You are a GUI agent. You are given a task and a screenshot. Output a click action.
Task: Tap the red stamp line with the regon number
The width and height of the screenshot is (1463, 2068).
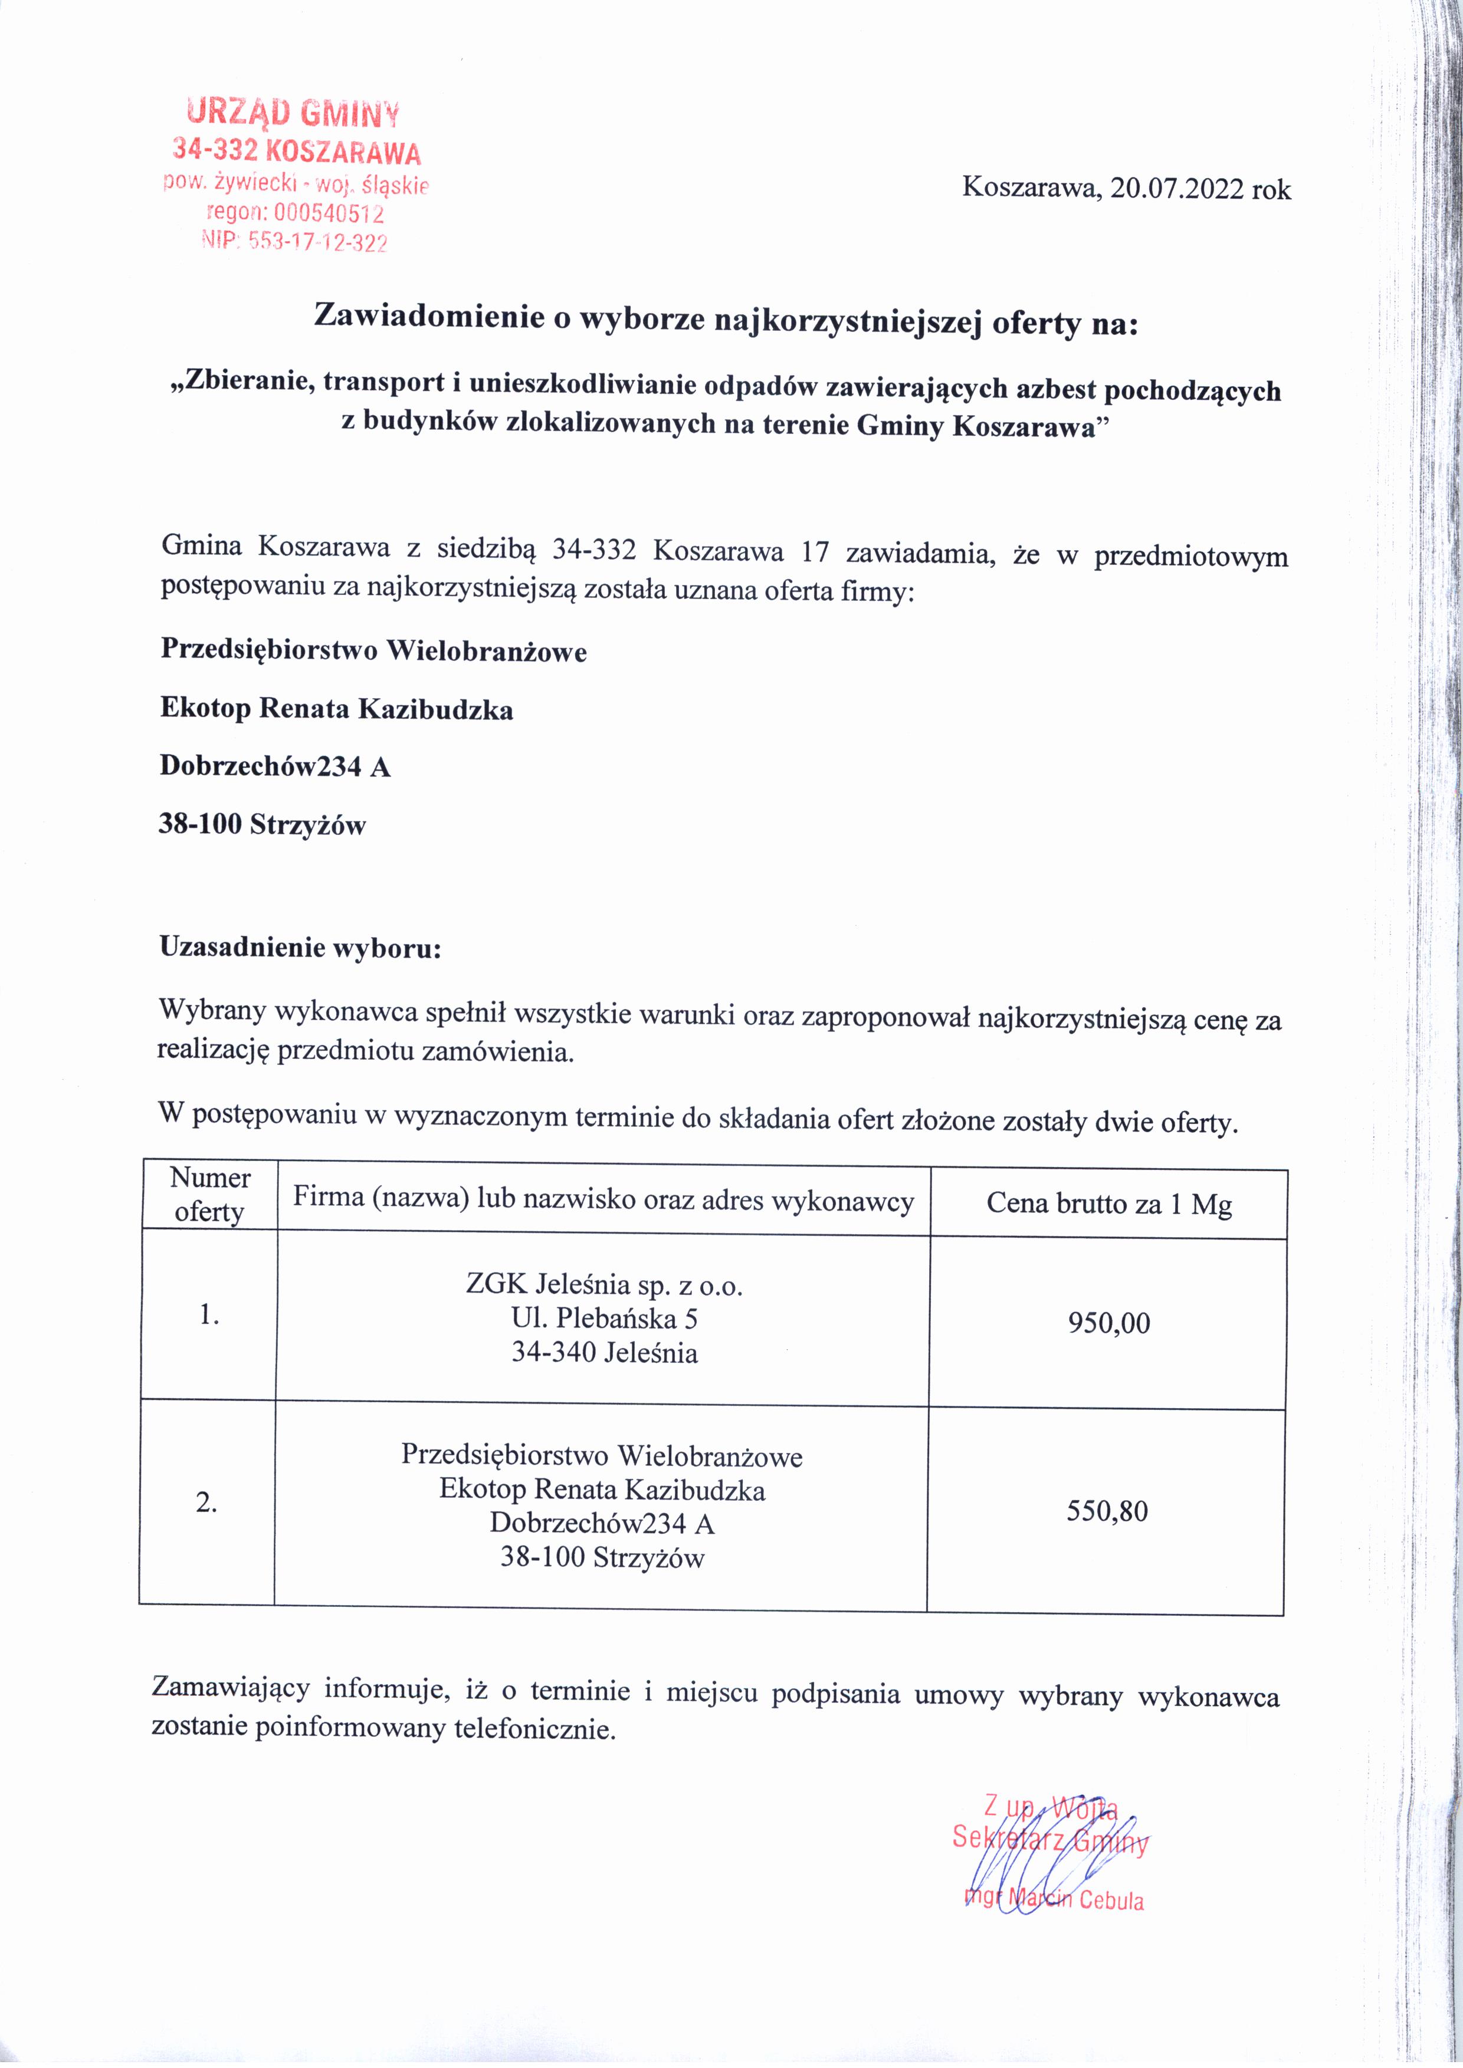(x=296, y=213)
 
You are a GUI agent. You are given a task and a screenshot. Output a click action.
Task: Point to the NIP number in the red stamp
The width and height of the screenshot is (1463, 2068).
(x=296, y=241)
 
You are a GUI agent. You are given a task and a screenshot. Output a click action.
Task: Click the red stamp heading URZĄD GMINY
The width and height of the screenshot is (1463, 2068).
(x=293, y=113)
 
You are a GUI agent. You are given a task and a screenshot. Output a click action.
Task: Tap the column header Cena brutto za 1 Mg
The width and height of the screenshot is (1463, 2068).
(x=1109, y=1204)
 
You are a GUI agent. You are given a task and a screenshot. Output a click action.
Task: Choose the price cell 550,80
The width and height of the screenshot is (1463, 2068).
(x=1107, y=1511)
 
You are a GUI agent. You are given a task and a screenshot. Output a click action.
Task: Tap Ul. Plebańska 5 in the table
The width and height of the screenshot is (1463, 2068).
(x=603, y=1318)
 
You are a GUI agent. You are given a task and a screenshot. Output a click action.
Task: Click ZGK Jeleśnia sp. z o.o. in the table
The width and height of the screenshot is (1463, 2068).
(x=603, y=1284)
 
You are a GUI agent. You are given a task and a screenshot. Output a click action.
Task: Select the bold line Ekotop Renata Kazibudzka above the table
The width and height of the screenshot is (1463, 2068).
(x=337, y=709)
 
